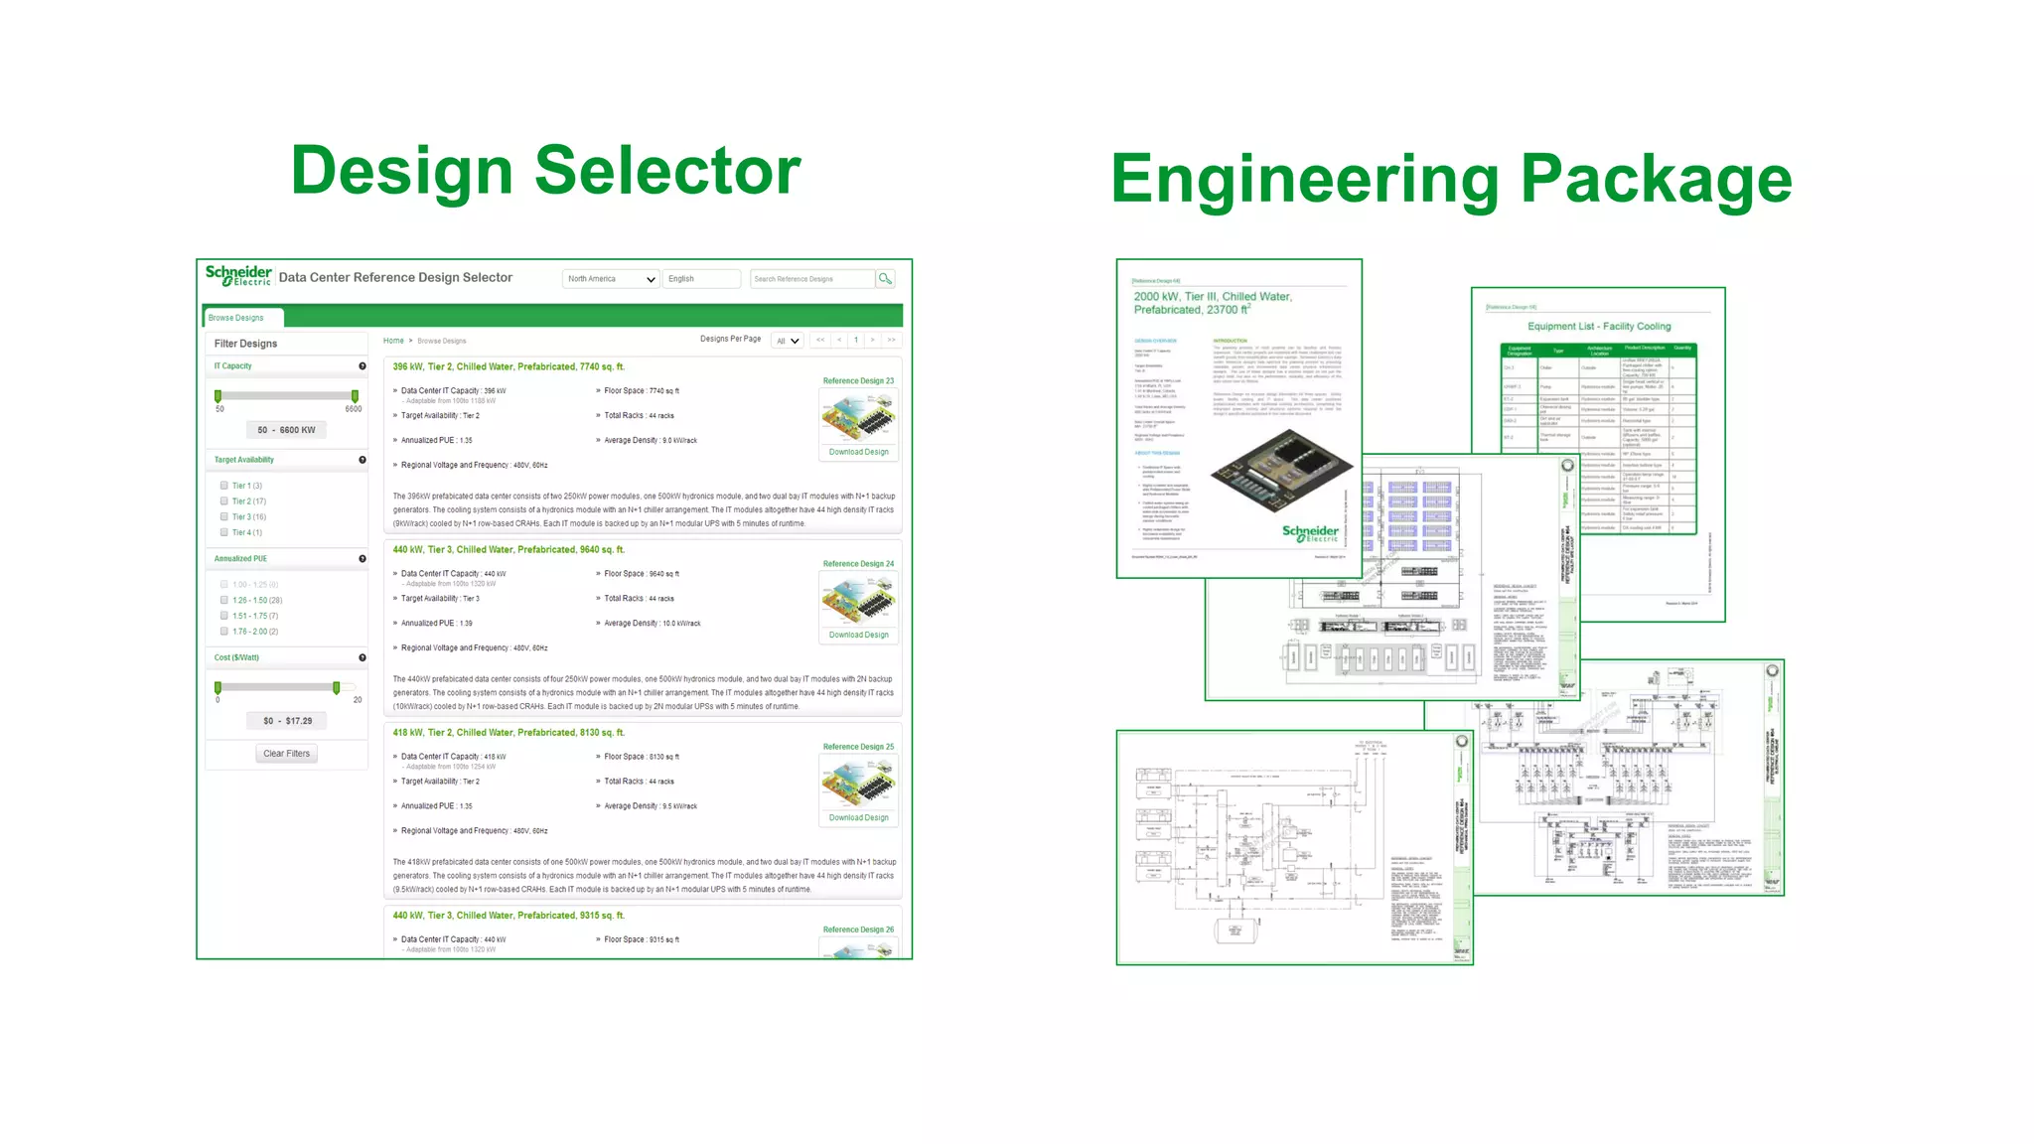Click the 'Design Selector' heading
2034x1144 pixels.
click(x=545, y=171)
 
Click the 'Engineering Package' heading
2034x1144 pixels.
click(x=1451, y=179)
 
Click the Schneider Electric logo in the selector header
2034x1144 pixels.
click(x=238, y=275)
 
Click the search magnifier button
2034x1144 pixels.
click(x=885, y=279)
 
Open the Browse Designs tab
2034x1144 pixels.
click(x=237, y=318)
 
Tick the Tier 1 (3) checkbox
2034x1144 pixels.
click(x=224, y=486)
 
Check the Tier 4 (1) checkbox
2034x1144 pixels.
click(x=224, y=532)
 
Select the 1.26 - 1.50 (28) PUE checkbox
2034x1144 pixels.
click(x=224, y=600)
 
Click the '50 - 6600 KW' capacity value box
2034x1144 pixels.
click(x=286, y=430)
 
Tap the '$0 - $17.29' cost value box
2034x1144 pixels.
click(x=287, y=721)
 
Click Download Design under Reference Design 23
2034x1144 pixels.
click(x=859, y=452)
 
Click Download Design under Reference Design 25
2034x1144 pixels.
click(x=859, y=818)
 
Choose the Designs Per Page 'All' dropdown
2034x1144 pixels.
click(x=788, y=341)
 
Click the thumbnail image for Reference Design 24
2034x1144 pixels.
click(x=858, y=599)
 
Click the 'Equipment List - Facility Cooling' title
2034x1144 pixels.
click(x=1599, y=326)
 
